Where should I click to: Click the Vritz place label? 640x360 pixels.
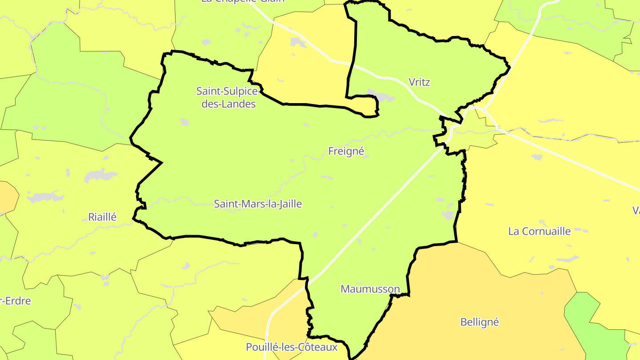click(419, 82)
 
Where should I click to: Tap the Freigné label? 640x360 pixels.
click(346, 152)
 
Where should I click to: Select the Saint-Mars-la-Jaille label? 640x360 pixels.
click(258, 204)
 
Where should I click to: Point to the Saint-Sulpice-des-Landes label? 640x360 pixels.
click(227, 97)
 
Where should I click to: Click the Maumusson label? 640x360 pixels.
click(370, 289)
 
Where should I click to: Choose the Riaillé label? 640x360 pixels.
click(102, 217)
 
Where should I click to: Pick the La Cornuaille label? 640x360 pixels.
click(539, 231)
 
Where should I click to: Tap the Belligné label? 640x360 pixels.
click(480, 322)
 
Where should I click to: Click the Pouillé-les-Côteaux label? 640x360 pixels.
click(292, 347)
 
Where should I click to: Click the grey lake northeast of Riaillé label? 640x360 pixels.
click(100, 175)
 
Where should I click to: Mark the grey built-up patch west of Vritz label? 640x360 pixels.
click(380, 95)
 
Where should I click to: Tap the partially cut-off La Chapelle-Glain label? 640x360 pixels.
click(243, 1)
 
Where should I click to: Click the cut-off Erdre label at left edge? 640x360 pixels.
click(15, 301)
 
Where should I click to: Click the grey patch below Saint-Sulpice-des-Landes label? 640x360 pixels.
click(184, 122)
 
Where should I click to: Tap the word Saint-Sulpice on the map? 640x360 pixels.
click(227, 91)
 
